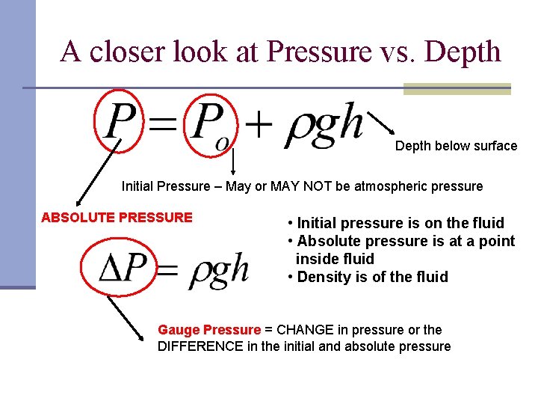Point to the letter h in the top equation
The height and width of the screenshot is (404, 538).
(x=348, y=122)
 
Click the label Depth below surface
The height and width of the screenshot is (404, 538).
(x=456, y=146)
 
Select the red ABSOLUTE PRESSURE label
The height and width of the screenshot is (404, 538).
(x=117, y=218)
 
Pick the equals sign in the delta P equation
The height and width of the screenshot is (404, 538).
(x=170, y=270)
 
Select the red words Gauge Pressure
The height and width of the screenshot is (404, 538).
(x=209, y=330)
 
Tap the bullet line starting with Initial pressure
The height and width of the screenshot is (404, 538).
(x=396, y=223)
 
